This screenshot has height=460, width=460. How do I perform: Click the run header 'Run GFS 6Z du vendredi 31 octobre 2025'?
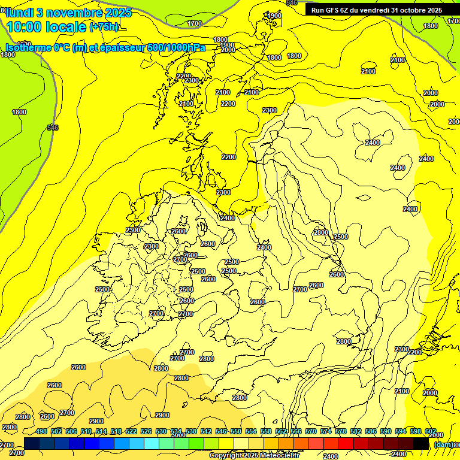376,10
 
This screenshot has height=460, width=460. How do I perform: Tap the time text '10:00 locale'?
47,27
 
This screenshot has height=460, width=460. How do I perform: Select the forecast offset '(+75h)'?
104,27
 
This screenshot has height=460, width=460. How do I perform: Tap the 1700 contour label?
195,23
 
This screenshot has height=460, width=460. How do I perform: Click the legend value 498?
41,432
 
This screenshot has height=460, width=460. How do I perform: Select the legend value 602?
431,432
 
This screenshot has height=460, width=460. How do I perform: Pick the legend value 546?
221,432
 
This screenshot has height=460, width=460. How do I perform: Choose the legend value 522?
131,432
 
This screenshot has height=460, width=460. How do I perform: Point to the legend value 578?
341,432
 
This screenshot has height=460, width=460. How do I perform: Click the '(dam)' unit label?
444,444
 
